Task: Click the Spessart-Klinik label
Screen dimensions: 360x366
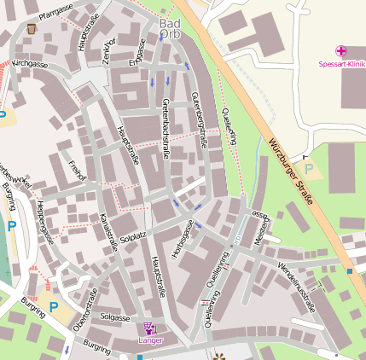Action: (341, 64)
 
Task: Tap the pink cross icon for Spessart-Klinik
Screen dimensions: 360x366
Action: (341, 52)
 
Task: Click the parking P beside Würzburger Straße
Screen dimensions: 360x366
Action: (309, 170)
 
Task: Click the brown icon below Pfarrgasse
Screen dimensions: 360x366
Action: (32, 29)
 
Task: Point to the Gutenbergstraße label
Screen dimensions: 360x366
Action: (199, 119)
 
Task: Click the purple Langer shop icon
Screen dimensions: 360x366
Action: (151, 328)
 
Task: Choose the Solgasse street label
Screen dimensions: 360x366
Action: (114, 316)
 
